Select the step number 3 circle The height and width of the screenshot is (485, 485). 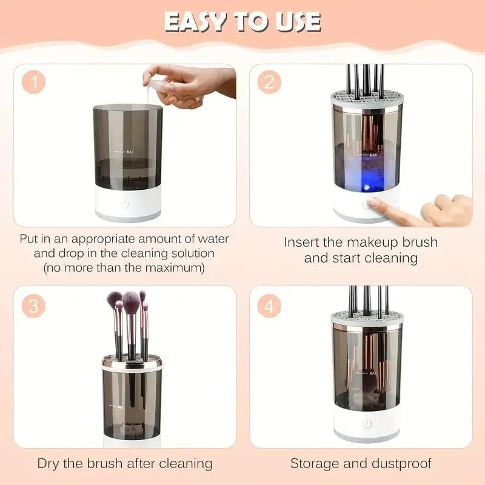tap(34, 306)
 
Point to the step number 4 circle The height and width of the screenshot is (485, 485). tap(269, 306)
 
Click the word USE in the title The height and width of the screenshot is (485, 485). tap(295, 22)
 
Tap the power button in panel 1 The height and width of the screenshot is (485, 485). tap(125, 203)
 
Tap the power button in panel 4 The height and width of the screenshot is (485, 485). tap(367, 424)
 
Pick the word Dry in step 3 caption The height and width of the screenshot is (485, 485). tap(50, 464)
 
